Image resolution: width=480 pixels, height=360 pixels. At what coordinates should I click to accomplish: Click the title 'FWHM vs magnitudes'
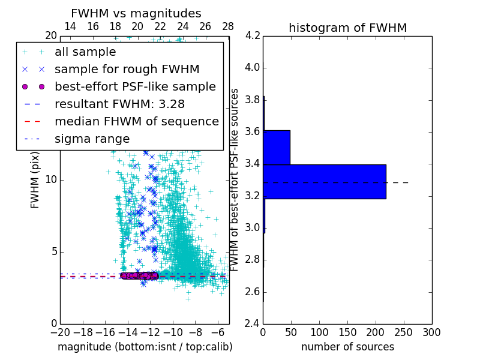(x=136, y=14)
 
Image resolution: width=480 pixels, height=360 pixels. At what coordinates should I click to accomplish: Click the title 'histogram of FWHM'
(x=347, y=28)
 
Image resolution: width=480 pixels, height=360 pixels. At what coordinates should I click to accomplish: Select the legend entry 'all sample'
(x=85, y=52)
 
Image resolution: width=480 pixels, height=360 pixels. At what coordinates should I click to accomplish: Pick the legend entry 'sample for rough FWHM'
(x=127, y=70)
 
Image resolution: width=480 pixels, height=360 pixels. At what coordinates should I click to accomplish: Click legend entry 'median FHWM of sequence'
(x=136, y=122)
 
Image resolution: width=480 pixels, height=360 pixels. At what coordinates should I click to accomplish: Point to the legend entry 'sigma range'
(x=92, y=139)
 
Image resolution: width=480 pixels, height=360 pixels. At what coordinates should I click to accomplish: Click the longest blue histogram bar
(x=325, y=181)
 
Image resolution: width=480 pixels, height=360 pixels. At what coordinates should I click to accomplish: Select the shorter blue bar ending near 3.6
(x=277, y=147)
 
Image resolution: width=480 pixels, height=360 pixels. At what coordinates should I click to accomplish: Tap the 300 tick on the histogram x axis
(x=431, y=332)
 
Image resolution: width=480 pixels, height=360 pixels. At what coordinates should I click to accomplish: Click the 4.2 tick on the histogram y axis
(x=252, y=35)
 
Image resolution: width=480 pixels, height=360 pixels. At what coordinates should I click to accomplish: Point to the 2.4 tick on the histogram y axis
(x=252, y=323)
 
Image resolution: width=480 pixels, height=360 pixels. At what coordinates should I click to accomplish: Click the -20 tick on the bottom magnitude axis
(x=60, y=332)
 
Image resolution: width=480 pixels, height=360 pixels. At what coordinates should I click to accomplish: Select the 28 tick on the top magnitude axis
(x=228, y=27)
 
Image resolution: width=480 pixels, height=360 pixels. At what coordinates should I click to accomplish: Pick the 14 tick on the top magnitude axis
(x=70, y=27)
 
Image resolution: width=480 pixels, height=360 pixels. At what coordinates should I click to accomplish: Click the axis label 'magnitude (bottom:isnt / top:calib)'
(x=145, y=347)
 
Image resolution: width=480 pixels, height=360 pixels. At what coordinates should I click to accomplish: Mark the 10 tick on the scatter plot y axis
(x=50, y=179)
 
